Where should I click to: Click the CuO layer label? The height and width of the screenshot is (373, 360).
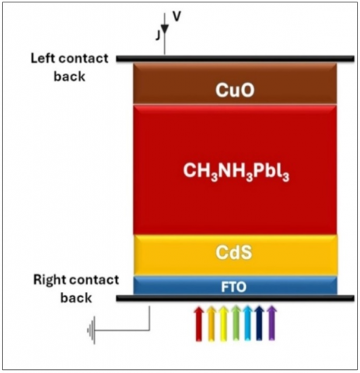[x=235, y=90]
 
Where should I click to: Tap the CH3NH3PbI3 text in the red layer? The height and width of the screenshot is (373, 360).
[x=236, y=172]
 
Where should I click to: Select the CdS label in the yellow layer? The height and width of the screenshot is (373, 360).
[x=234, y=253]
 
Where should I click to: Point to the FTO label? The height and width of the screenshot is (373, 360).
[x=233, y=287]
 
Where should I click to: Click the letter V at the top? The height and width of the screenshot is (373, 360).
[x=177, y=16]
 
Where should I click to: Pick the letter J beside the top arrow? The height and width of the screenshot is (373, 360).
[x=158, y=35]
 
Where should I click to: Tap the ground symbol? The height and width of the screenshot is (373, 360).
[x=92, y=330]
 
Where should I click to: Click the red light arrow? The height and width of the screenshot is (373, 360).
[x=199, y=323]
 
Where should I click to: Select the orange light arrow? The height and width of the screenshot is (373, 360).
[x=211, y=323]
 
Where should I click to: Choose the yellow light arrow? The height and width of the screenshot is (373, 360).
[x=224, y=323]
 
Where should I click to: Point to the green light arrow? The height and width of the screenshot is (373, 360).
[x=236, y=322]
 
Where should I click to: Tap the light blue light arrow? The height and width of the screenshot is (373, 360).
[x=247, y=322]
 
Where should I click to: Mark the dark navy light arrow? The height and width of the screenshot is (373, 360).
[x=260, y=322]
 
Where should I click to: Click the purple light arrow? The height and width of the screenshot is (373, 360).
[x=271, y=322]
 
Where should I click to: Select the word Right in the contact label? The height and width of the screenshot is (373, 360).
[x=49, y=281]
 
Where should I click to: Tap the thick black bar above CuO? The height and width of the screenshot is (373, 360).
[x=235, y=59]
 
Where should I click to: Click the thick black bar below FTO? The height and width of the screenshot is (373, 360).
[x=235, y=298]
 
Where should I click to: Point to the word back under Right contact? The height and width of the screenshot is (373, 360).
[x=76, y=298]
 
